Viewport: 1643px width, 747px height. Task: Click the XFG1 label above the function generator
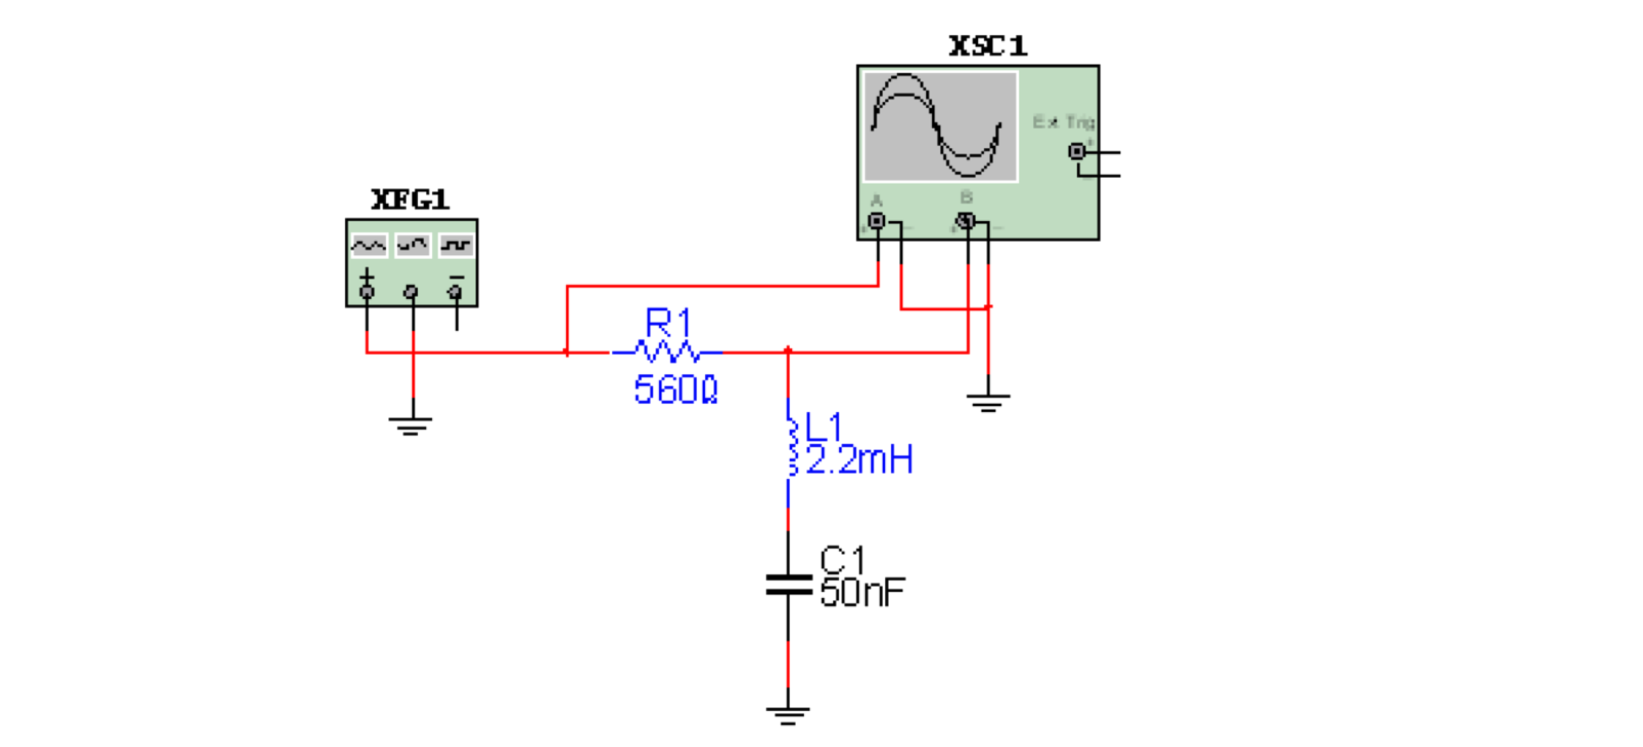point(409,199)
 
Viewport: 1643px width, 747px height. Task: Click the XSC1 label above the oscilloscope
point(987,46)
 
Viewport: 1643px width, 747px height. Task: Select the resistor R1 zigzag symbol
point(667,350)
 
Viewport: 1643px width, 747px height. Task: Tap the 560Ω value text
point(675,390)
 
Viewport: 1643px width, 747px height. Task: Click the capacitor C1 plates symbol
point(788,585)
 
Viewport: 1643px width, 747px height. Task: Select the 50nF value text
point(862,593)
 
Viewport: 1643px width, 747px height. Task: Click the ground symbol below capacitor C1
point(787,714)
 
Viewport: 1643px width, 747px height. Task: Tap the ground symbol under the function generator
point(410,425)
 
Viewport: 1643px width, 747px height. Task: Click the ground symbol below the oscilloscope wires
point(988,403)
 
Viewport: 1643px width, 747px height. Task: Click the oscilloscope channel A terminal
point(877,221)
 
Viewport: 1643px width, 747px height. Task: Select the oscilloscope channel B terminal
point(966,221)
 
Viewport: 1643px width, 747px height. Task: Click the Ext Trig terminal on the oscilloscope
point(1077,152)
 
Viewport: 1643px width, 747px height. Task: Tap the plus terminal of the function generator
point(367,291)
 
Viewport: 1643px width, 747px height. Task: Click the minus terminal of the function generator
point(455,291)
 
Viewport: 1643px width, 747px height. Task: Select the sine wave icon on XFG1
point(368,245)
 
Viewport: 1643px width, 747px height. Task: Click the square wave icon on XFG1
point(456,245)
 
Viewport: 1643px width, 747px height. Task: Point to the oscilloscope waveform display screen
point(940,126)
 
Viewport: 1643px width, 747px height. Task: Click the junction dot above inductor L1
point(788,351)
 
